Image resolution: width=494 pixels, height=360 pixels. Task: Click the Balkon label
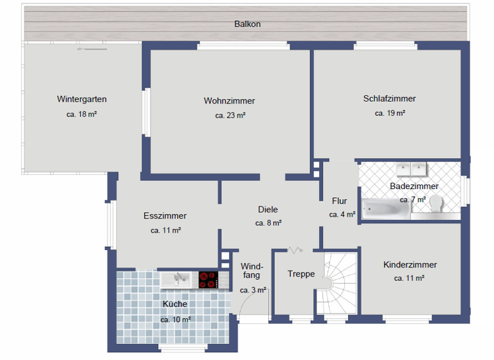[247, 24]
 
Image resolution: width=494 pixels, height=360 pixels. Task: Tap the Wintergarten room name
[82, 99]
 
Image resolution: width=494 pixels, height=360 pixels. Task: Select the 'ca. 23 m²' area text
[230, 116]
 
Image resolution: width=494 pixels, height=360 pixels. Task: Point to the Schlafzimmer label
[389, 98]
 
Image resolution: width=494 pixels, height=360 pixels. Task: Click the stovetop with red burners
[208, 280]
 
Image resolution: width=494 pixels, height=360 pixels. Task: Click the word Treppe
[301, 274]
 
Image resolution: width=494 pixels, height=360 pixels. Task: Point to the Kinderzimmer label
[410, 264]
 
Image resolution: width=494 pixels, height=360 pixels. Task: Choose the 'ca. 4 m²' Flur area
[342, 215]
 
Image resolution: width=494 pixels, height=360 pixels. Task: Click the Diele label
[268, 209]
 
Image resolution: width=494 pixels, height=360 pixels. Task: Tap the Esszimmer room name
[165, 216]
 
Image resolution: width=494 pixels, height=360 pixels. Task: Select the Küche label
[175, 304]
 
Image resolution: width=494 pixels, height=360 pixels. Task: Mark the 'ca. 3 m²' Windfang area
[253, 290]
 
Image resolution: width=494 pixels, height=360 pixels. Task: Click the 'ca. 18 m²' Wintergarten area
[82, 114]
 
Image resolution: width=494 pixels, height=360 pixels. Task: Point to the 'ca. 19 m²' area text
[390, 113]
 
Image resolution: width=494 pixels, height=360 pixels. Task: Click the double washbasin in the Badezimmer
[411, 169]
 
